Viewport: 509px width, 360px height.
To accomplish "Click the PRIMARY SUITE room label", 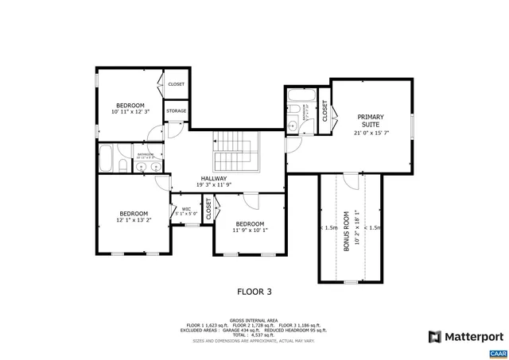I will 370,120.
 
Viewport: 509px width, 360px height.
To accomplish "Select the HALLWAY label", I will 213,178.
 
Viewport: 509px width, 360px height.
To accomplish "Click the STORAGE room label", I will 176,111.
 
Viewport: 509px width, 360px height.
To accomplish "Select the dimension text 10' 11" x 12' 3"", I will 130,113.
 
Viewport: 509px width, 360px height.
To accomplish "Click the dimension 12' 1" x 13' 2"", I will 134,220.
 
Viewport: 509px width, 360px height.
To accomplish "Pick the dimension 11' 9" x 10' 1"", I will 250,230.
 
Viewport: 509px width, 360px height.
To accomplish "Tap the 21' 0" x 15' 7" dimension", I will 370,133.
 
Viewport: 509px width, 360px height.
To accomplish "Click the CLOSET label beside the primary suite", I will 324,112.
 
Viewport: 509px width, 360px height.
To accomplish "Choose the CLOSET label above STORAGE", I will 176,83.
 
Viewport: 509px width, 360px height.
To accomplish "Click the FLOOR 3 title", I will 254,291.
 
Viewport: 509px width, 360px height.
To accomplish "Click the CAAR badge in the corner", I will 497,353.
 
